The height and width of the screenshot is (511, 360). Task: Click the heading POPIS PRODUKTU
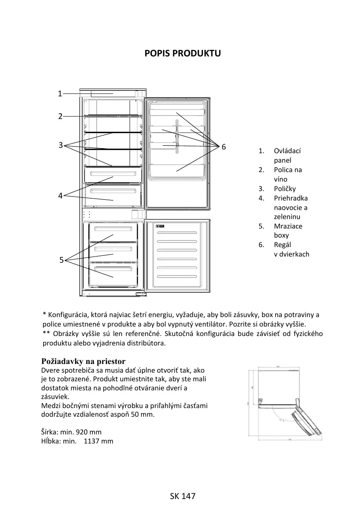click(x=183, y=54)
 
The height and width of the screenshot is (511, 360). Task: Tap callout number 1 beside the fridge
click(x=60, y=93)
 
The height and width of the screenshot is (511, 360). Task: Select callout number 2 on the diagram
click(x=60, y=116)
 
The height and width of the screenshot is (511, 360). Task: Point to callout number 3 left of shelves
click(x=60, y=145)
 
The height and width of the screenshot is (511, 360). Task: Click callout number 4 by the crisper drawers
click(x=60, y=196)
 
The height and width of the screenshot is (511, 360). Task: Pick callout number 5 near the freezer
click(x=61, y=260)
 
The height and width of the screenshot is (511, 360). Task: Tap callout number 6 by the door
click(x=224, y=147)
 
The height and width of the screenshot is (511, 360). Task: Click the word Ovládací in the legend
click(x=288, y=151)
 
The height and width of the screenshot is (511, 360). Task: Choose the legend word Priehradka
click(x=291, y=198)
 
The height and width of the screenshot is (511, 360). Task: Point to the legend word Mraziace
click(x=288, y=226)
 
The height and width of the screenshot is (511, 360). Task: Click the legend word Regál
click(x=283, y=245)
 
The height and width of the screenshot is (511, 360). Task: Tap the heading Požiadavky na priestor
click(x=84, y=362)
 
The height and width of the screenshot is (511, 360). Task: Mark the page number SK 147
click(x=183, y=496)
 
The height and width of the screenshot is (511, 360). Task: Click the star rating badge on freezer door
click(x=160, y=226)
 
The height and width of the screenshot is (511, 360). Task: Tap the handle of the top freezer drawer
click(x=113, y=228)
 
